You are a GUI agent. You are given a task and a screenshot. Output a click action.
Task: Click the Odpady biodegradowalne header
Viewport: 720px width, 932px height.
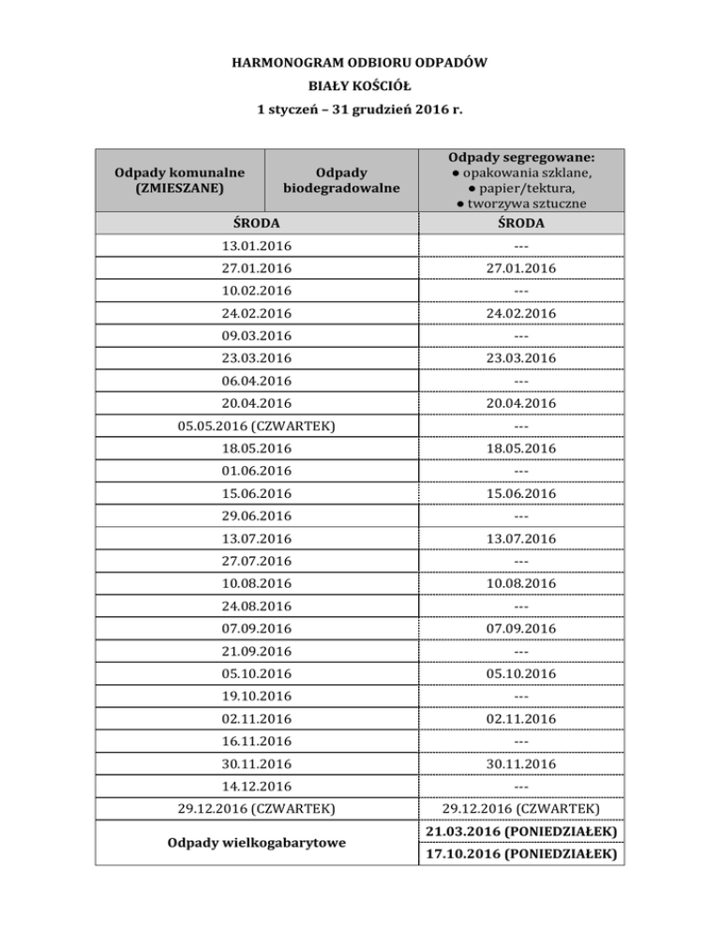click(341, 179)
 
